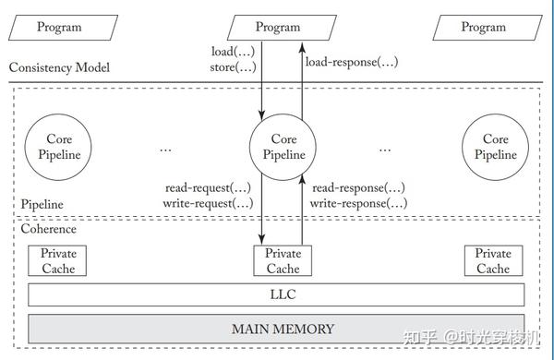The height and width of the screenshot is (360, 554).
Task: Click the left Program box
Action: pyautogui.click(x=59, y=28)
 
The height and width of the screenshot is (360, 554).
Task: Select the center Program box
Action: pyautogui.click(x=278, y=28)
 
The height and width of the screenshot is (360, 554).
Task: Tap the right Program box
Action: pyautogui.click(x=483, y=28)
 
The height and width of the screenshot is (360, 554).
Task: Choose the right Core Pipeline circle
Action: pyautogui.click(x=495, y=148)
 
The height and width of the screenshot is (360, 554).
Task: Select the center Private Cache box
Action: pyautogui.click(x=283, y=261)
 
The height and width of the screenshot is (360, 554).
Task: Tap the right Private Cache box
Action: pyautogui.click(x=493, y=261)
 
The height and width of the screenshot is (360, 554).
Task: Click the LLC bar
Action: pyautogui.click(x=276, y=295)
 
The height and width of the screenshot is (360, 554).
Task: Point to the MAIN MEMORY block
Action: pyautogui.click(x=276, y=329)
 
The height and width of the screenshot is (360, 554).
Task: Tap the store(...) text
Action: pyautogui.click(x=234, y=67)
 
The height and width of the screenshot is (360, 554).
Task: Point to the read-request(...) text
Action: pyautogui.click(x=209, y=186)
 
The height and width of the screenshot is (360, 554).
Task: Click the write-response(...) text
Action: pyautogui.click(x=357, y=202)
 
